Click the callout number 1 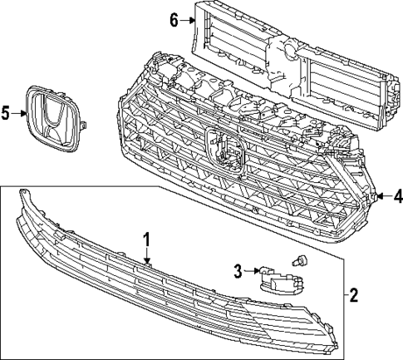coord(146,240)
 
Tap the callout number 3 coord(237,269)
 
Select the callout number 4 coord(397,197)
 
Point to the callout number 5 coord(6,113)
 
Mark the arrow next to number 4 coord(384,197)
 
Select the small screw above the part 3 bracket coord(299,262)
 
